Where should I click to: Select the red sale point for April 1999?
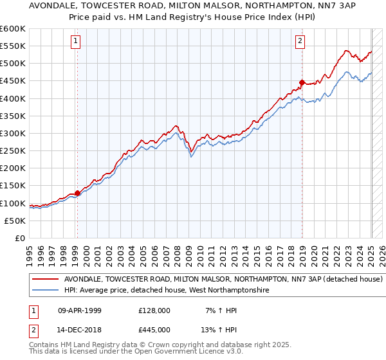click(77, 193)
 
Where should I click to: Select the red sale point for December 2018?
click(302, 82)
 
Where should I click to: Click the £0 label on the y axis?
click(21, 238)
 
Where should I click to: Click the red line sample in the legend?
click(45, 280)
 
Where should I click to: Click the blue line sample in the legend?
click(45, 291)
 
